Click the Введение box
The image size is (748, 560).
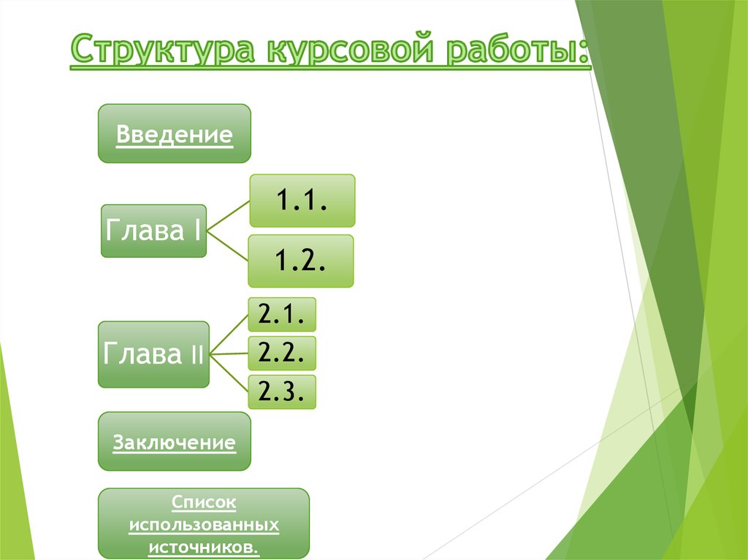click(175, 134)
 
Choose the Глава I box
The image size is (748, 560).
click(153, 231)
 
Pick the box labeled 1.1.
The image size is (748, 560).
click(302, 201)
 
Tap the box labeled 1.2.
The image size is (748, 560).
click(300, 261)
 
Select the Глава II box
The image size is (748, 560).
click(153, 354)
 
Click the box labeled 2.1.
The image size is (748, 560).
click(281, 315)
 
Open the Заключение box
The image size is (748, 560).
click(175, 442)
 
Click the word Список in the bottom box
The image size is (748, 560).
click(205, 502)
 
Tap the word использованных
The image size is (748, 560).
click(205, 525)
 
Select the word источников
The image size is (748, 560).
click(205, 547)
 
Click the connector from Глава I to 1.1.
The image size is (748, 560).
click(228, 217)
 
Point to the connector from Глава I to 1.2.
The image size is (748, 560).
click(228, 247)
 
